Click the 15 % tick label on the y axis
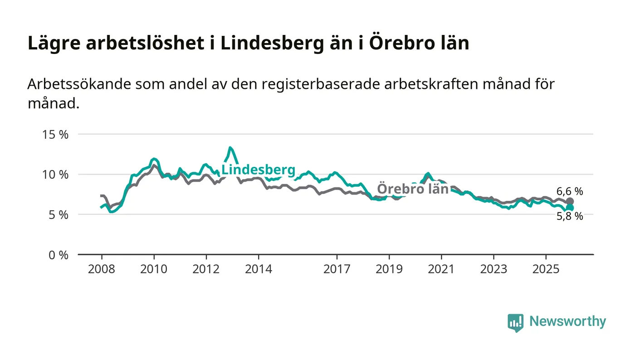(56, 135)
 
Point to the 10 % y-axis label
(56, 175)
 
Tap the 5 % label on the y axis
(59, 214)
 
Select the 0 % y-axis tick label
(59, 255)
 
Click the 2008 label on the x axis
(102, 269)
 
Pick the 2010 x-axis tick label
(154, 269)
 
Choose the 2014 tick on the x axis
(259, 269)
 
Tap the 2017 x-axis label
(337, 269)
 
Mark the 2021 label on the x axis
(441, 269)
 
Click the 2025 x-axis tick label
(546, 269)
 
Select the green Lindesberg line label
(258, 170)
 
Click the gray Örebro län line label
(413, 189)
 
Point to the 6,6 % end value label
(570, 191)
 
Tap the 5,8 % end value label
(570, 217)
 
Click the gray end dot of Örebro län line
(570, 201)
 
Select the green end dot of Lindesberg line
(570, 208)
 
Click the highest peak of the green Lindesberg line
(230, 148)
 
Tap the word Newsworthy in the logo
(567, 321)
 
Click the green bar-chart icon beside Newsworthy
(515, 322)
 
